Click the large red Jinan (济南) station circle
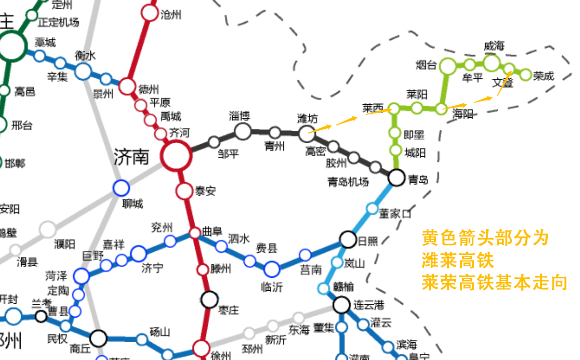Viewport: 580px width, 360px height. pyautogui.click(x=177, y=156)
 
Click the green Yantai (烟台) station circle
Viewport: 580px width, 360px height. pyautogui.click(x=448, y=66)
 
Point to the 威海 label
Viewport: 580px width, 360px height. pyautogui.click(x=494, y=47)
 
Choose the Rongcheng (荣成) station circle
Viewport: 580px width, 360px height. pyautogui.click(x=526, y=75)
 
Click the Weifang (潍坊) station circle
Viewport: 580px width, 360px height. pyautogui.click(x=307, y=134)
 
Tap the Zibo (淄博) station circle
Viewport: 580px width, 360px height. pyautogui.click(x=243, y=131)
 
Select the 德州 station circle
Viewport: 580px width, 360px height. pyautogui.click(x=127, y=86)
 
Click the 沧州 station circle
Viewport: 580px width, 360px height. pyautogui.click(x=150, y=13)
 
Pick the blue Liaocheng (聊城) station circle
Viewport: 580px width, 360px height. pyautogui.click(x=121, y=188)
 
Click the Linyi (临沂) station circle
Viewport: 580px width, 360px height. pyautogui.click(x=272, y=269)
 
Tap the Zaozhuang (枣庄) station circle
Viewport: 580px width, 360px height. pyautogui.click(x=209, y=299)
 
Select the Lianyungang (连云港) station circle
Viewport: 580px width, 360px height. pyautogui.click(x=341, y=304)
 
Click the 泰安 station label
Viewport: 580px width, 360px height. pyautogui.click(x=205, y=191)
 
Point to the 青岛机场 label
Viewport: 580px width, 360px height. pyautogui.click(x=348, y=182)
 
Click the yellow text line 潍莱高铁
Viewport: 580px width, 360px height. pyautogui.click(x=458, y=261)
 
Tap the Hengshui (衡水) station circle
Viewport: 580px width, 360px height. pyautogui.click(x=83, y=71)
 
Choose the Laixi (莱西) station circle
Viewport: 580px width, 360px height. pyautogui.click(x=394, y=109)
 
